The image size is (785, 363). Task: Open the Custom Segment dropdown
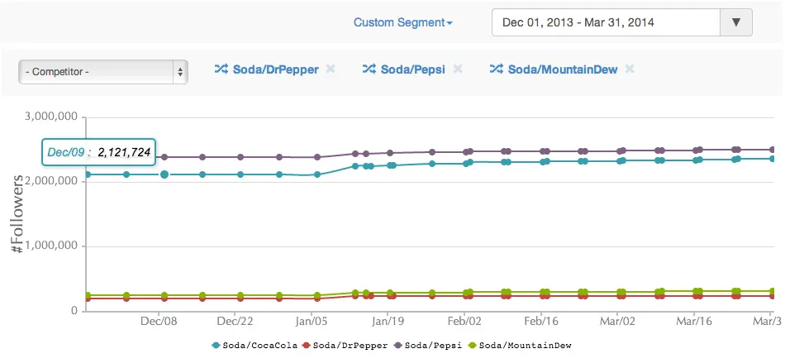(x=402, y=22)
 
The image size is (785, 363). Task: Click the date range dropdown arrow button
(x=736, y=22)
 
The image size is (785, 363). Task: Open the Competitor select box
(x=103, y=72)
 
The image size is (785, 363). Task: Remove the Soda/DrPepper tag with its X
(x=331, y=69)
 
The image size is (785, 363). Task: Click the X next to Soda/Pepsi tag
(x=457, y=69)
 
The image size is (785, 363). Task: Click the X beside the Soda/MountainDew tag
(x=629, y=69)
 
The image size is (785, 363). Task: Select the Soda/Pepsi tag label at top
(x=412, y=69)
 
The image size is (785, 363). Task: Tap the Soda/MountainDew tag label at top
(x=562, y=69)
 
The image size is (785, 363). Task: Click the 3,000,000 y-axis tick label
(x=51, y=117)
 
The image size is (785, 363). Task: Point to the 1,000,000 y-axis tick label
(x=51, y=246)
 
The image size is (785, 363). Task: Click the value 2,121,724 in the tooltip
(x=124, y=152)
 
